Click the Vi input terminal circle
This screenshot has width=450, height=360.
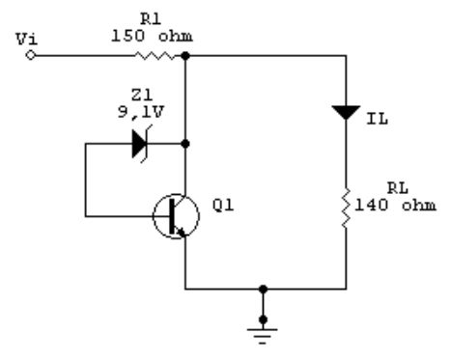(x=30, y=56)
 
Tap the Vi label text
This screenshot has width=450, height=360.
(x=27, y=39)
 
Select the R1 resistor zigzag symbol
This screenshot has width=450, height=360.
(x=155, y=56)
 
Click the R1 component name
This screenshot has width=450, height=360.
(x=151, y=19)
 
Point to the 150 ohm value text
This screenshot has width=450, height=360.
(x=152, y=36)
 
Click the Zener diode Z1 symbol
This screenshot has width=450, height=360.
(x=142, y=144)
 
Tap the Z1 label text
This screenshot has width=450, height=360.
(x=142, y=95)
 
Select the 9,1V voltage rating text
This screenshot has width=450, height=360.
(x=141, y=112)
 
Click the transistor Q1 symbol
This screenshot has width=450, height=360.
(x=176, y=216)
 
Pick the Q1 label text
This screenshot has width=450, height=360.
(x=223, y=206)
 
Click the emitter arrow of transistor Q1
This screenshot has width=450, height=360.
(x=181, y=232)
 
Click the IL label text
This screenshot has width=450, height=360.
(x=378, y=120)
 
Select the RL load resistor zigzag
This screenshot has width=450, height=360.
(x=346, y=208)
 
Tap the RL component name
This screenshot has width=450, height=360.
(x=398, y=188)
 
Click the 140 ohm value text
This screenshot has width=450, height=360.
(x=395, y=205)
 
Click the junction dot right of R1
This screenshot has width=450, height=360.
(x=185, y=56)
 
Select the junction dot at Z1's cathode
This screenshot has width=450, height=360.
(x=185, y=144)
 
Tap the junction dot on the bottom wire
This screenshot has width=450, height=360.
(x=263, y=290)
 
